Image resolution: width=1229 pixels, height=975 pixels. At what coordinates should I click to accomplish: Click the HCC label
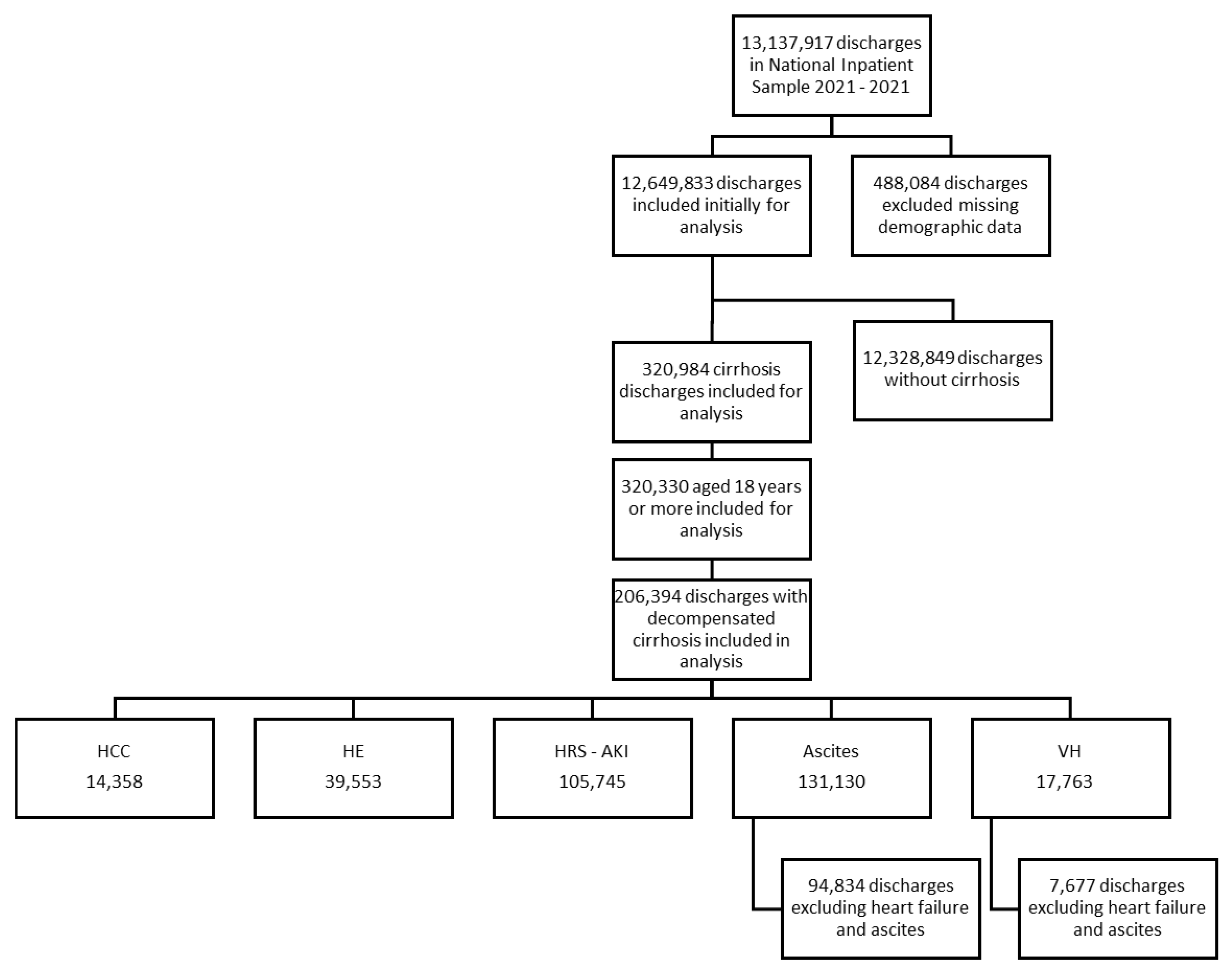point(114,751)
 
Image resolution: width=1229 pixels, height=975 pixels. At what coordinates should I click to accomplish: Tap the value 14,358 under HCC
point(114,782)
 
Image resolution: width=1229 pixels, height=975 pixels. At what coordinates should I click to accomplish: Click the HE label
point(353,751)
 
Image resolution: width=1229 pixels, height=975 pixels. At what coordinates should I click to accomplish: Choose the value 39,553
point(353,782)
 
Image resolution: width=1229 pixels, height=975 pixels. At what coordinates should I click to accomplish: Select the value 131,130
point(831,782)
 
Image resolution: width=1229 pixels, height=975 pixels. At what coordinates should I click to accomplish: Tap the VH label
point(1069,751)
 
